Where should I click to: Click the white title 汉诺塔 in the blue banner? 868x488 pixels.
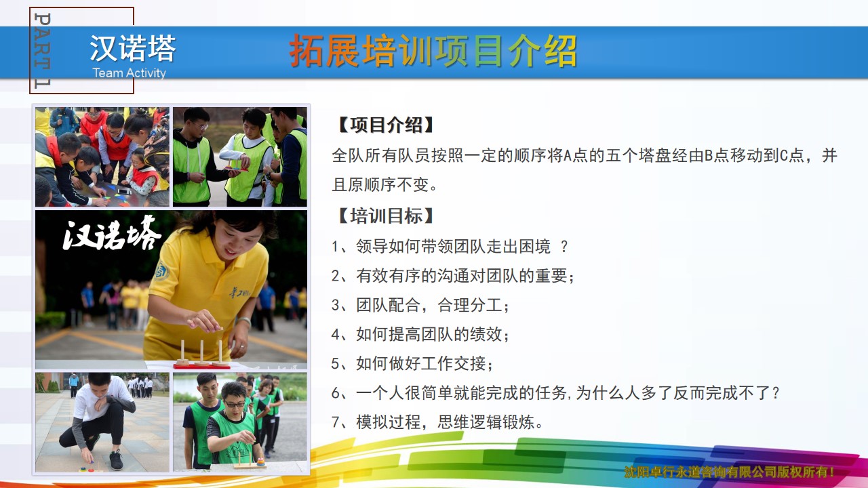(x=132, y=48)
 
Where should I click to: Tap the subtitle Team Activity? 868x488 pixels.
(x=129, y=73)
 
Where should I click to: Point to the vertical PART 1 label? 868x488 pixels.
(x=42, y=50)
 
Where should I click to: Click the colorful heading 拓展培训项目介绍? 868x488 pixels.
(x=433, y=51)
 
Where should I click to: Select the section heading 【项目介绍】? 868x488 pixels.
(x=386, y=125)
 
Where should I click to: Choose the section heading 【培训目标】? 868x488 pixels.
(x=386, y=216)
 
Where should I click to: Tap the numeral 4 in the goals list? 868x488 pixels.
(x=336, y=335)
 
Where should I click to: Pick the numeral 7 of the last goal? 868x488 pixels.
(x=336, y=422)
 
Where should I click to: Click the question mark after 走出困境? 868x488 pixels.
(x=564, y=247)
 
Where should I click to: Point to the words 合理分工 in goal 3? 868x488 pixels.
(x=470, y=305)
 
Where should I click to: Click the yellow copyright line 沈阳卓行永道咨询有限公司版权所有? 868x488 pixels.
(x=729, y=472)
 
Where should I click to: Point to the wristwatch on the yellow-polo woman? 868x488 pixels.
(x=243, y=321)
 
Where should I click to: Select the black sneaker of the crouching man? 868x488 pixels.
(x=116, y=460)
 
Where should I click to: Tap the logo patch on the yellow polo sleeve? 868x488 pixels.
(x=161, y=272)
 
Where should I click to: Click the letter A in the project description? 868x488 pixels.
(x=567, y=156)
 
